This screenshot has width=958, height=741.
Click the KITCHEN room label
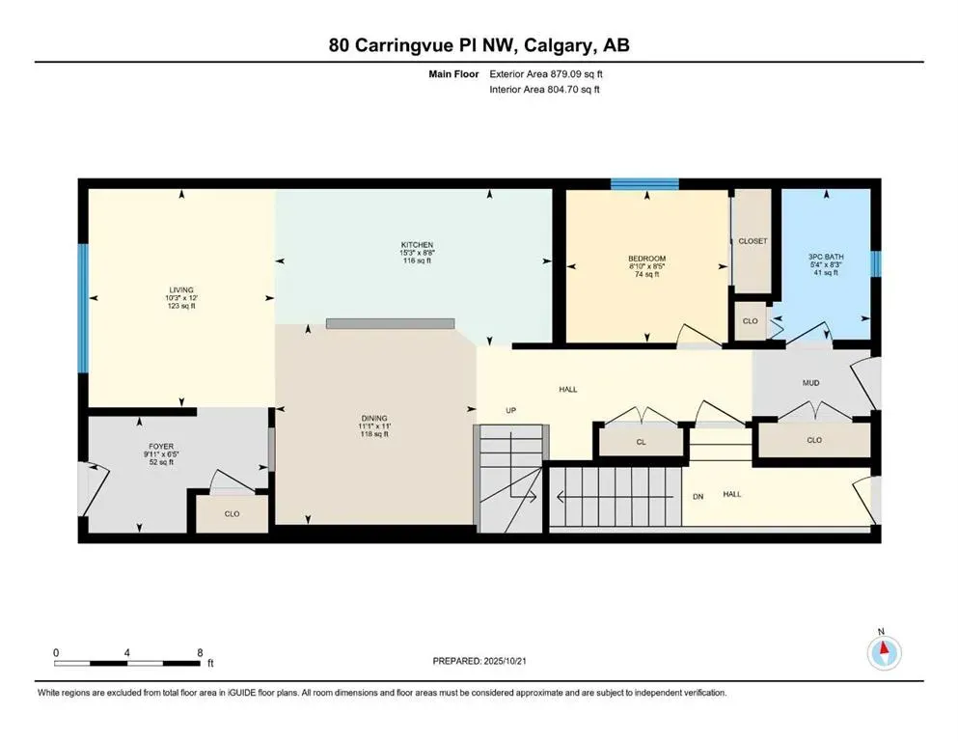pyautogui.click(x=418, y=245)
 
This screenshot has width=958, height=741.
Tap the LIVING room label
pyautogui.click(x=180, y=289)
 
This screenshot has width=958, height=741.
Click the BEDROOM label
pyautogui.click(x=646, y=259)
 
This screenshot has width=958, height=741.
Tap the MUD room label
pyautogui.click(x=810, y=383)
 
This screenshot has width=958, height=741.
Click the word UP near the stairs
pyautogui.click(x=512, y=410)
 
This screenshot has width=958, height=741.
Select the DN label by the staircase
pyautogui.click(x=698, y=496)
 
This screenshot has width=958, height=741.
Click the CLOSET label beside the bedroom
pyautogui.click(x=753, y=241)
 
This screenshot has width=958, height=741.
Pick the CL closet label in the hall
pyautogui.click(x=641, y=441)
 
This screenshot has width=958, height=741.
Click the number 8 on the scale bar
pyautogui.click(x=199, y=652)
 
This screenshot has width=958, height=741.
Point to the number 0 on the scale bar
pyautogui.click(x=56, y=652)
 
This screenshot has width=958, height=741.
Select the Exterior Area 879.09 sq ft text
pyautogui.click(x=547, y=73)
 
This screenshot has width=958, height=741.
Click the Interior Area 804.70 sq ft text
pyautogui.click(x=545, y=90)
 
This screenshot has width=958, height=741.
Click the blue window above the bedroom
pyautogui.click(x=643, y=183)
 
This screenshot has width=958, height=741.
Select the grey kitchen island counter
pyautogui.click(x=390, y=324)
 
